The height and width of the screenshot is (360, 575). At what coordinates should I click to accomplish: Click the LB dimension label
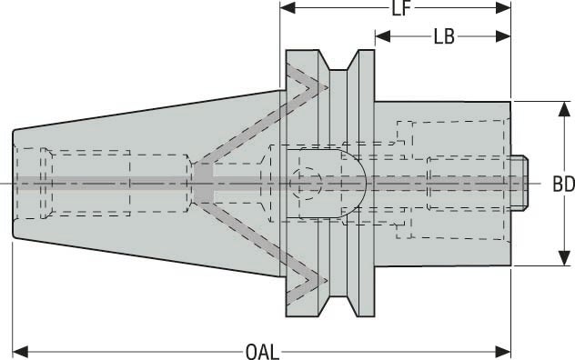coord(444,36)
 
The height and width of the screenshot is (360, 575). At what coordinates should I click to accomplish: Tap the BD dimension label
coord(563,184)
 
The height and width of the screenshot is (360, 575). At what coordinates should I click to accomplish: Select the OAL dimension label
coord(263,350)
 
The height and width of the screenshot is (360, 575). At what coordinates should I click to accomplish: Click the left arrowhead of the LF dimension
coord(287,8)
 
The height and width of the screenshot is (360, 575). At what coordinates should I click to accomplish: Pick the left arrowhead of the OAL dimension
coord(19,350)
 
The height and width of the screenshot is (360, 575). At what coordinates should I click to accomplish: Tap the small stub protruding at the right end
coord(520,183)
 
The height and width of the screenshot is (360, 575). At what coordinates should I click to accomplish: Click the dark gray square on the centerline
coord(201,184)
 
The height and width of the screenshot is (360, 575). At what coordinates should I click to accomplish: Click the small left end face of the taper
coord(14,183)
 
